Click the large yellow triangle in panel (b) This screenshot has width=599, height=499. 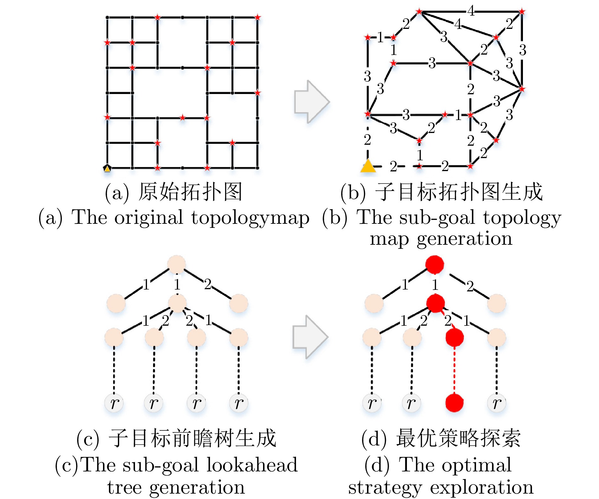pos(368,166)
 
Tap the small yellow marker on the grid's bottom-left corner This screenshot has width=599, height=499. pos(107,168)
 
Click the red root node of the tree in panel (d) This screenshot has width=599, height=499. pos(435,264)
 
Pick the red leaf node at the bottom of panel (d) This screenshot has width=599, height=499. pos(454,403)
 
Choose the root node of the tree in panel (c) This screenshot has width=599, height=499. pos(177,264)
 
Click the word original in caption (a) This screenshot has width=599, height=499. pos(149,218)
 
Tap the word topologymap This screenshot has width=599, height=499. pos(250,218)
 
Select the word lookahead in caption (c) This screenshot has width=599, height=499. pos(252,465)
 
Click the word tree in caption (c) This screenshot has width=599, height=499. pos(124,488)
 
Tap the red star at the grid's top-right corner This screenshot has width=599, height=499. pos(257,17)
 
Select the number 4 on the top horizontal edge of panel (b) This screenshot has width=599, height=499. pos(471,11)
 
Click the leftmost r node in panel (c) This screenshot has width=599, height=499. pos(114,403)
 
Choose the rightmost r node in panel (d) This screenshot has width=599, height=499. pos(496,403)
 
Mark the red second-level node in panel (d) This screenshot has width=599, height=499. pos(435,303)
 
